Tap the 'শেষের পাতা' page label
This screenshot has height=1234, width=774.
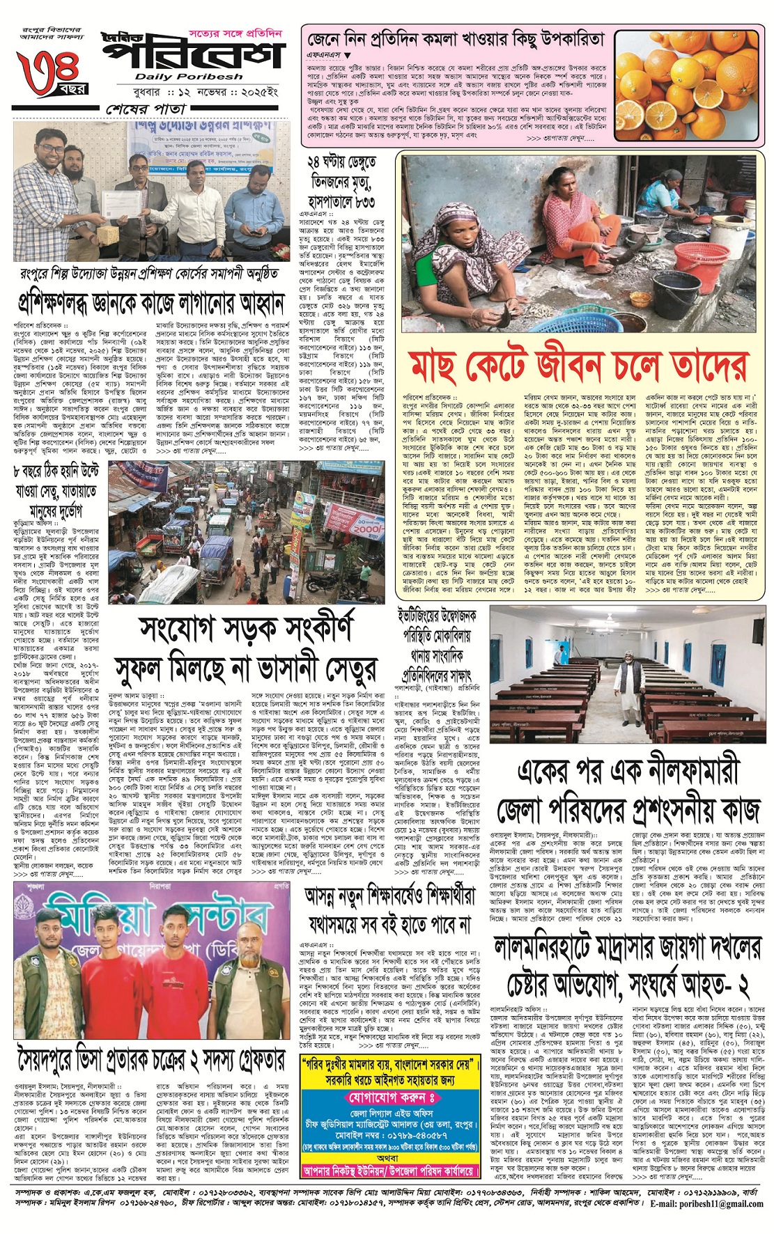coord(146,109)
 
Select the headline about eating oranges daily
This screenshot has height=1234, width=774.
coord(456,40)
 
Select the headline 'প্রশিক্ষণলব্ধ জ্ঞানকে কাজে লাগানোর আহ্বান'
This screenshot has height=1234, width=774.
coord(152,304)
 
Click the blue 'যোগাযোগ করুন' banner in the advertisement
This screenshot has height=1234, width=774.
coord(391,1098)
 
